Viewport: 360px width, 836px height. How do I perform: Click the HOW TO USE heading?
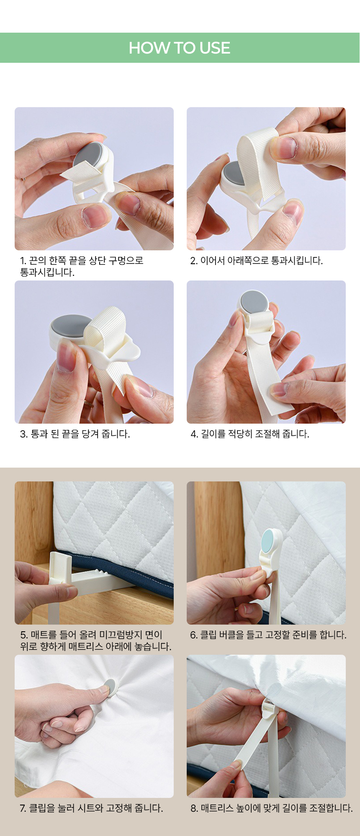(x=180, y=48)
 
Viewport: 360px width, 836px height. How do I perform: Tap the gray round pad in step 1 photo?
(x=88, y=156)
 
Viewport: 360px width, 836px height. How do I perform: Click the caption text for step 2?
(x=257, y=261)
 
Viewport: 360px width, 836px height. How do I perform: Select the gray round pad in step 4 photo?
(x=255, y=301)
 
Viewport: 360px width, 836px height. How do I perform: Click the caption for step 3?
(x=75, y=434)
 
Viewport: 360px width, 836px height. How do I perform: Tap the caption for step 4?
(x=250, y=434)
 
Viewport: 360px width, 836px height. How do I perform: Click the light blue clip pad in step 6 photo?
(x=272, y=541)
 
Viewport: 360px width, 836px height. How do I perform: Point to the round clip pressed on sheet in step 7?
(x=109, y=688)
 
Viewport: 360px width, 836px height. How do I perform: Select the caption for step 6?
(x=268, y=635)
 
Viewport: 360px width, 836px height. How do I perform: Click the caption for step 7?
(x=91, y=808)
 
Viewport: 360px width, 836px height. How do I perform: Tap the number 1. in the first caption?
(x=23, y=261)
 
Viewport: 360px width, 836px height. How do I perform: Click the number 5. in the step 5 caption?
(x=24, y=635)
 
